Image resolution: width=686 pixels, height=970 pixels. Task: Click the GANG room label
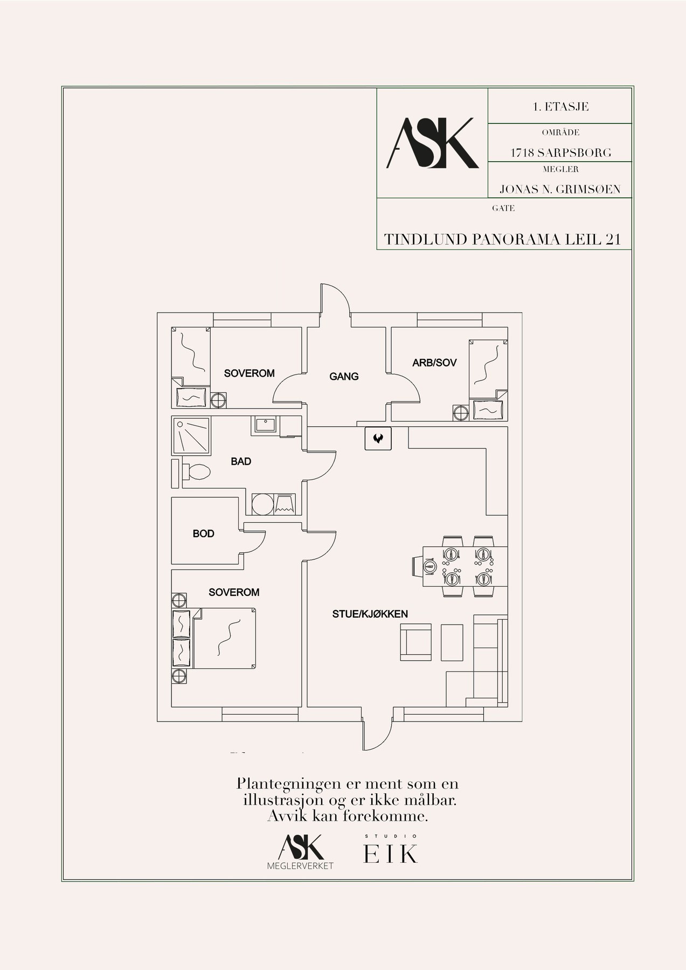tap(344, 376)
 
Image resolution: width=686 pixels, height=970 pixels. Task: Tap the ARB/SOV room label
tap(434, 363)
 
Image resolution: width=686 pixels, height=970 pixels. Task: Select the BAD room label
tap(241, 461)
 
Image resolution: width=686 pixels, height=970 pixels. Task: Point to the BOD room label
tap(204, 533)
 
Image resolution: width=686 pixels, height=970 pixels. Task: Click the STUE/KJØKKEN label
tap(370, 614)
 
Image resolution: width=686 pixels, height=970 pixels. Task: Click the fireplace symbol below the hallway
tap(378, 438)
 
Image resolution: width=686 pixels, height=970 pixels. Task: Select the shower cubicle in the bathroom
tap(191, 435)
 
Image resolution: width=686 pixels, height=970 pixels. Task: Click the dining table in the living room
tap(465, 566)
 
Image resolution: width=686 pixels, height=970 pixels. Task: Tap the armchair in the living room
tap(415, 642)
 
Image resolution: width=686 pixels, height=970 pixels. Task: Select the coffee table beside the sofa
tap(452, 642)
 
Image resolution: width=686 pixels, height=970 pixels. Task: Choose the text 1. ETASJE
tap(560, 107)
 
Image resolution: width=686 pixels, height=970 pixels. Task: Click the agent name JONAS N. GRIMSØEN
tap(560, 189)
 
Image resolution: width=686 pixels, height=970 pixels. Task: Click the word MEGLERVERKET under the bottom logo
tap(301, 866)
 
